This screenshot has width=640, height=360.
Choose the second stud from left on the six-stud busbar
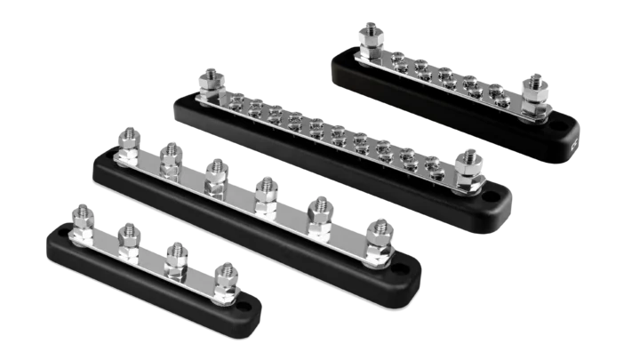click(x=170, y=157)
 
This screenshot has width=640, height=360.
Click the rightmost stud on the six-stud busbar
click(x=379, y=229)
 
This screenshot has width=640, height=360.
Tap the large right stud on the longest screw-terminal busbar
click(x=466, y=162)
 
